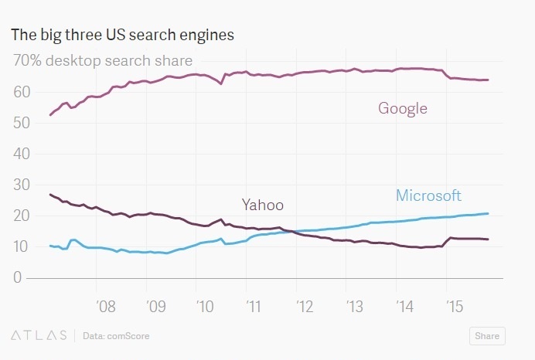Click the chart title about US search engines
pyautogui.click(x=122, y=35)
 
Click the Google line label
pyautogui.click(x=402, y=108)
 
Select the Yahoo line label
pyautogui.click(x=262, y=205)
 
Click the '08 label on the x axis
pyautogui.click(x=106, y=307)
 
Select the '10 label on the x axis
pyautogui.click(x=204, y=307)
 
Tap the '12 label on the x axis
pyautogui.click(x=304, y=307)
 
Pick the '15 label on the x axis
pyautogui.click(x=454, y=307)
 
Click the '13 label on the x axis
pyautogui.click(x=353, y=307)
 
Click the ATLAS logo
pyautogui.click(x=38, y=336)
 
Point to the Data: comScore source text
pyautogui.click(x=116, y=336)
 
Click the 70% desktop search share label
pyautogui.click(x=102, y=60)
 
